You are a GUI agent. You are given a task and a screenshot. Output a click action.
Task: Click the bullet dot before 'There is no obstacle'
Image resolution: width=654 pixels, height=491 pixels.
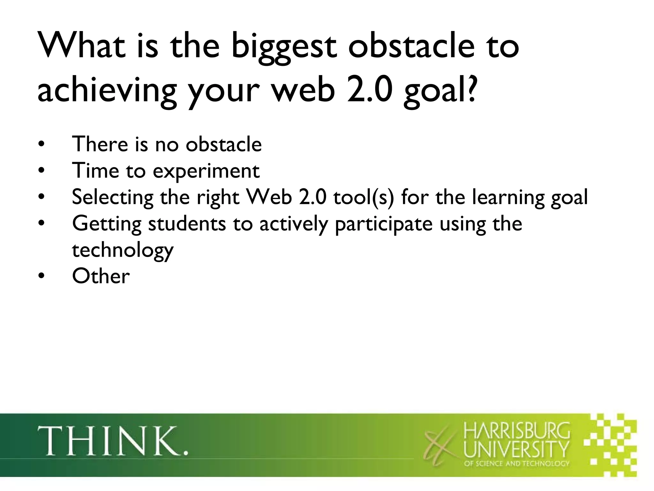pos(41,144)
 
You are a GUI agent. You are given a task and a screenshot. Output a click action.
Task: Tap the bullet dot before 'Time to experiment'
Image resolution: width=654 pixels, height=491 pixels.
pos(41,171)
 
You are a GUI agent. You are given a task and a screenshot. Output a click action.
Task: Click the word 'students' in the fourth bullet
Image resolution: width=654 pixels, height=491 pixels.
pos(187,223)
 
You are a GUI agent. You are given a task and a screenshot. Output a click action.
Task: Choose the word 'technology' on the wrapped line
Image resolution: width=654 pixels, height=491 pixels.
pos(123,250)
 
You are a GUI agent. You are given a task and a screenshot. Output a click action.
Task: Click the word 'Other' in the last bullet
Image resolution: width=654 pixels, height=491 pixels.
pos(101,276)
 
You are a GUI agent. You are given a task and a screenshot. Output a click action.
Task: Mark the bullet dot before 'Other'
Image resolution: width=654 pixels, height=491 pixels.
pos(41,277)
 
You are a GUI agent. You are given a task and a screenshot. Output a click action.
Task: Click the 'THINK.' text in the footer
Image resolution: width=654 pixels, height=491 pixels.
pos(113,441)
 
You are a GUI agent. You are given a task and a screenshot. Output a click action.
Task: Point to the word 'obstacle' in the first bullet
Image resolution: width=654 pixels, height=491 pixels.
pos(224,144)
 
